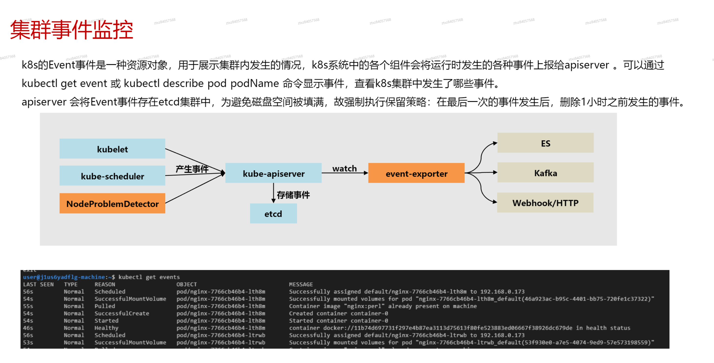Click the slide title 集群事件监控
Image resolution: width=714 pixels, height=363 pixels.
[x=71, y=30]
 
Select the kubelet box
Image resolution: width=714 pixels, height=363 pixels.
[x=112, y=149]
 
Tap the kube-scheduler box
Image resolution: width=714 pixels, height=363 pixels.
[x=112, y=176]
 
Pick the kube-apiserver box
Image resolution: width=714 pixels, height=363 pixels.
[x=273, y=173]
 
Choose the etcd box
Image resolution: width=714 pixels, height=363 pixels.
[x=273, y=214]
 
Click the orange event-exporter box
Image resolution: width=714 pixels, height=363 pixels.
[x=416, y=173]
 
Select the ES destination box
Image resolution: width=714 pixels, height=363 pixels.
[x=545, y=143]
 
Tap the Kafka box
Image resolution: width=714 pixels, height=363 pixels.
[x=545, y=173]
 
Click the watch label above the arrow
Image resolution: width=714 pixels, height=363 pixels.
[x=344, y=168]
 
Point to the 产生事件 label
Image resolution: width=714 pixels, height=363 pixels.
[x=192, y=169]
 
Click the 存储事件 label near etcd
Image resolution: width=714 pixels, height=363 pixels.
[x=293, y=195]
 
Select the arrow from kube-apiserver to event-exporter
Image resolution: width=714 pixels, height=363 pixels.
[x=345, y=173]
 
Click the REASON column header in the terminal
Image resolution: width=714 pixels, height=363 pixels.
[x=105, y=284]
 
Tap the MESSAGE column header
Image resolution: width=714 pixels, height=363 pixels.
[x=301, y=284]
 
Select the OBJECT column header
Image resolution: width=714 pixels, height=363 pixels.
[x=186, y=284]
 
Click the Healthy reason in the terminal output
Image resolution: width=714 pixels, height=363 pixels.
[x=106, y=328]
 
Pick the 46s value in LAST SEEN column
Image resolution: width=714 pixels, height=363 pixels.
[x=28, y=328]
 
